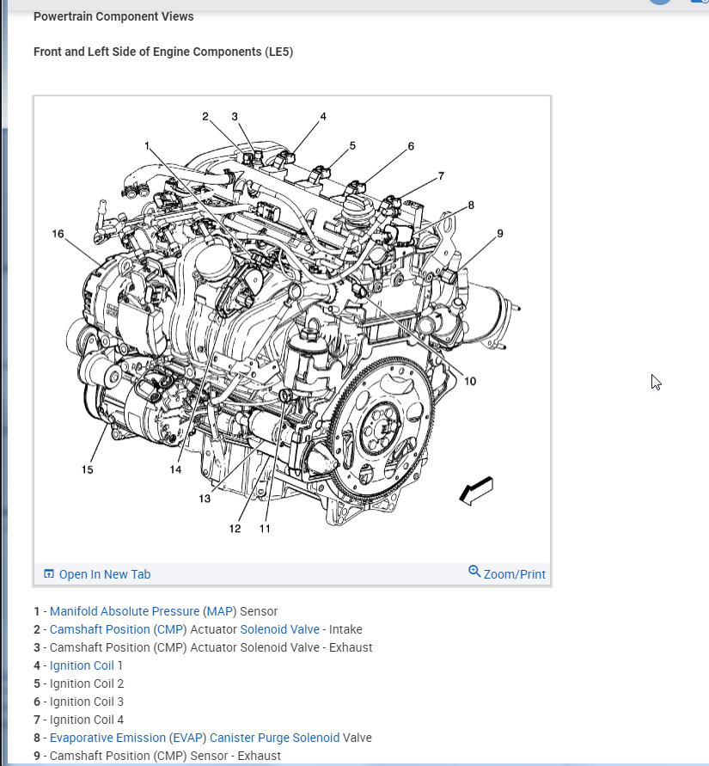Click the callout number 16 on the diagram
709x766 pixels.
pos(58,234)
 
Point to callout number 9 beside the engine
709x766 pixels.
pos(499,233)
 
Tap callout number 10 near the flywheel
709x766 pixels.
pos(470,381)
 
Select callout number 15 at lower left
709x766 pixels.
pos(88,469)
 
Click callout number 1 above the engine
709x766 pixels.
pos(147,145)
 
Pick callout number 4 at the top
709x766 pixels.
pos(323,116)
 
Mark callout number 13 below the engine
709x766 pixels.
pos(205,499)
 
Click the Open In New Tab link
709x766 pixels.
pos(104,574)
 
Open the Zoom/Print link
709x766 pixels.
pos(514,574)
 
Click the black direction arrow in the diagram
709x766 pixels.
pos(475,489)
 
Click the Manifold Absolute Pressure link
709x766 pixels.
pos(125,611)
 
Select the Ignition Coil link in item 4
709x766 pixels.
pos(82,665)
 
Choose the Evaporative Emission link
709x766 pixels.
pos(107,738)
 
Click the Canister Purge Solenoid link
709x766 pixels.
pos(274,738)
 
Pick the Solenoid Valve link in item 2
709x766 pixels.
pos(279,629)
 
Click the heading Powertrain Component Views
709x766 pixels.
pos(113,16)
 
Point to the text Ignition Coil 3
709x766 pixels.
pos(87,702)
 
